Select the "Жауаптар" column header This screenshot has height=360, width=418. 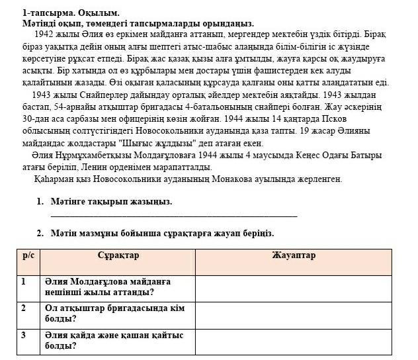point(294,255)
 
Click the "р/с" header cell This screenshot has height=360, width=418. point(28,255)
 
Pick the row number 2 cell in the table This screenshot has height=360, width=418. point(24,308)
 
